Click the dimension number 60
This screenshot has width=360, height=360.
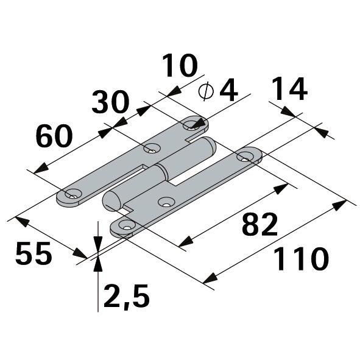(54, 135)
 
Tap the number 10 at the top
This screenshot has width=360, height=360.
(180, 66)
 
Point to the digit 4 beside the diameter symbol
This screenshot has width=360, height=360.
(227, 91)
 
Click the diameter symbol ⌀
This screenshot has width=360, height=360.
(206, 91)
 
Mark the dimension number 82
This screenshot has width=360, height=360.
(259, 225)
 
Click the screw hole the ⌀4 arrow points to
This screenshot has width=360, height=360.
(192, 125)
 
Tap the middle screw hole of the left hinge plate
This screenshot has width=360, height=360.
(150, 148)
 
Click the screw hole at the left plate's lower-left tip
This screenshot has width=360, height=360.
(74, 195)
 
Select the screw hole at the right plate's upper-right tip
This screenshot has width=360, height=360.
(245, 157)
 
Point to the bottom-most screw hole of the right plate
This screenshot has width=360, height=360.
(125, 226)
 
